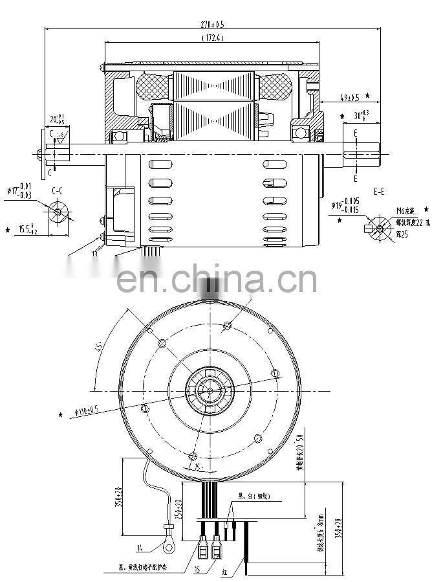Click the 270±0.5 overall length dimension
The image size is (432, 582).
[208, 24]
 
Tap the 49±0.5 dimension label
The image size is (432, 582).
[350, 98]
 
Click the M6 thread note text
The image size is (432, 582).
[405, 211]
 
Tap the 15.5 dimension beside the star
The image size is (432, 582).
[27, 229]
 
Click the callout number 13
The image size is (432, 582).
[94, 254]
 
